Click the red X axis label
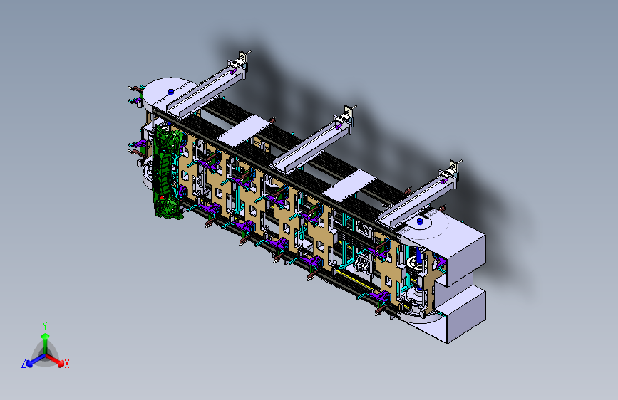(66, 364)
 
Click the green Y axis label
(45, 325)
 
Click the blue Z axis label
(24, 364)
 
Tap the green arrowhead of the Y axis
(46, 336)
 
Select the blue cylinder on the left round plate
(171, 92)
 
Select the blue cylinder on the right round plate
(420, 221)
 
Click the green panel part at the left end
(168, 172)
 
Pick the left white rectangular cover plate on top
(244, 130)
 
